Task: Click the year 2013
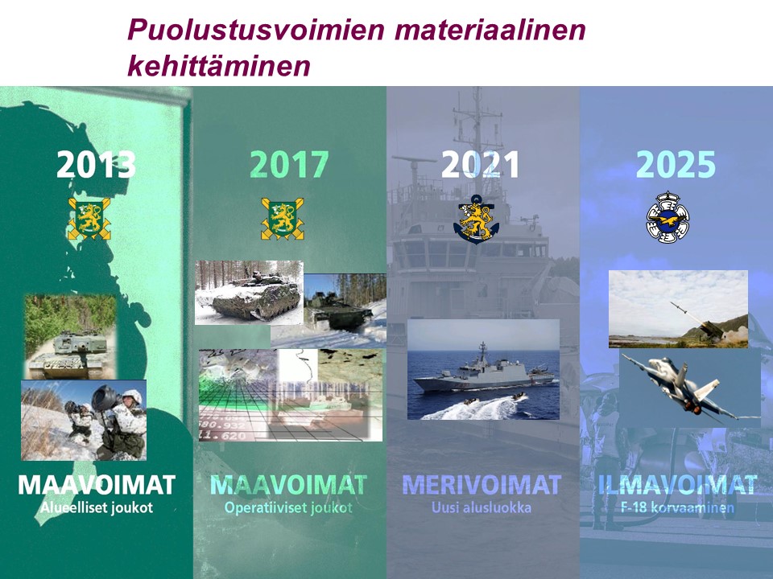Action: tap(96, 164)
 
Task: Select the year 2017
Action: tap(289, 164)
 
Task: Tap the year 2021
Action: tap(481, 164)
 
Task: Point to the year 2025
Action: tap(676, 164)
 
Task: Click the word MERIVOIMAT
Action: tap(482, 485)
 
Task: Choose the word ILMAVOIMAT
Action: tap(677, 485)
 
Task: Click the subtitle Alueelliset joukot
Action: tap(97, 507)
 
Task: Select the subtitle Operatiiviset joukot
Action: tap(288, 507)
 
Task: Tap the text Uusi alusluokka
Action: tap(482, 507)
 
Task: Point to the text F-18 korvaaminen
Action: tap(677, 507)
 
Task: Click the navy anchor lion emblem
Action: tap(476, 219)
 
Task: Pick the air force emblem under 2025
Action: tap(668, 217)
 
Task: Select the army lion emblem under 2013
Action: tap(89, 219)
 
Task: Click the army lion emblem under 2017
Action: tap(283, 219)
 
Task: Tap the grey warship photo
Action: tap(483, 369)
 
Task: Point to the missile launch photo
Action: tap(678, 309)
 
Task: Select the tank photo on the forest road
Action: tap(71, 337)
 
